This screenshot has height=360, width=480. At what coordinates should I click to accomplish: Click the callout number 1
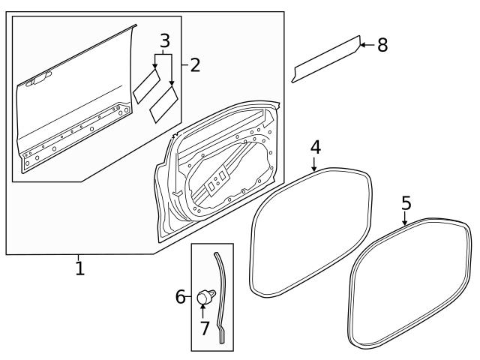pos(79,268)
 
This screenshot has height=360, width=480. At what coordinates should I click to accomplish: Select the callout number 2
pos(194,65)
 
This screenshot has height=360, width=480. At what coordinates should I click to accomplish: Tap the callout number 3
pos(164,40)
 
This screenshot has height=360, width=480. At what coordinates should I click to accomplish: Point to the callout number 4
pos(316,148)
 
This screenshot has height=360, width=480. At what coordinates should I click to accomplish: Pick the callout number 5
pos(406,202)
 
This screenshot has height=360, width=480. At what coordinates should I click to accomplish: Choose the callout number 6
pos(181,298)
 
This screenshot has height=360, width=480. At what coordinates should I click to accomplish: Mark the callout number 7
pos(203,328)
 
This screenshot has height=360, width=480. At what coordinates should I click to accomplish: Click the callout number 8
pos(382,45)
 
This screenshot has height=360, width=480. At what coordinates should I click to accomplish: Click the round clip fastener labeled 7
pos(203,298)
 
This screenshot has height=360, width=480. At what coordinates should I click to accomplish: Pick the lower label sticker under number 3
pos(163,103)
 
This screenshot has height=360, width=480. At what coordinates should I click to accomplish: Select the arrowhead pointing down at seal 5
pos(405,223)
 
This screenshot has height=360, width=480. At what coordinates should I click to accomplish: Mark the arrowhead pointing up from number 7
pos(203,309)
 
